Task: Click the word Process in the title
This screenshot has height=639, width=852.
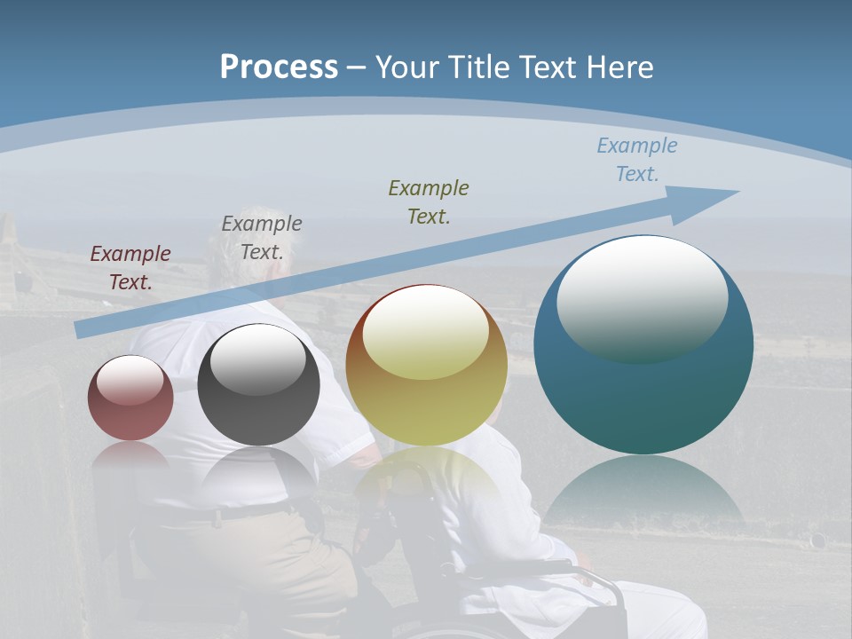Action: (x=279, y=67)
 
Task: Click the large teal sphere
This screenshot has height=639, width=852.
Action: (x=643, y=390)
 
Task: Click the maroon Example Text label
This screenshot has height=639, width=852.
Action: (x=130, y=267)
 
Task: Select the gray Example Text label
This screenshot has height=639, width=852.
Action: (x=262, y=237)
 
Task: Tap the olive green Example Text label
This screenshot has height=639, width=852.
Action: (x=429, y=201)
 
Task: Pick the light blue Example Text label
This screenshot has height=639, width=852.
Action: (x=636, y=159)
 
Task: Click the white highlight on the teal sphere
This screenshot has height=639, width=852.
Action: (x=642, y=297)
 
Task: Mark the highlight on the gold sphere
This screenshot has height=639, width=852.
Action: (x=425, y=333)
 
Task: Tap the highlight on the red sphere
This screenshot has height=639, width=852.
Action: (x=130, y=380)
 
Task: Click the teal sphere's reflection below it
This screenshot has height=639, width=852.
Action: (x=643, y=493)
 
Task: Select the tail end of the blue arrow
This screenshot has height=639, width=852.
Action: (x=84, y=329)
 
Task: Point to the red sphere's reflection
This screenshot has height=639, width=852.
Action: (x=130, y=457)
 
